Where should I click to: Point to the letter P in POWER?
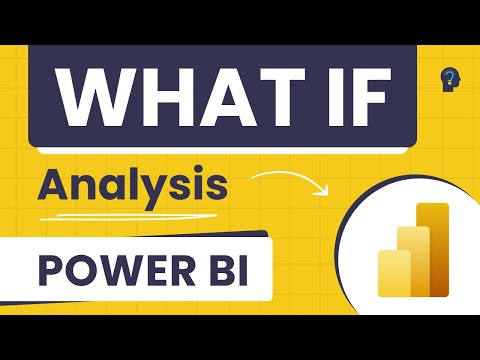(49, 268)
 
